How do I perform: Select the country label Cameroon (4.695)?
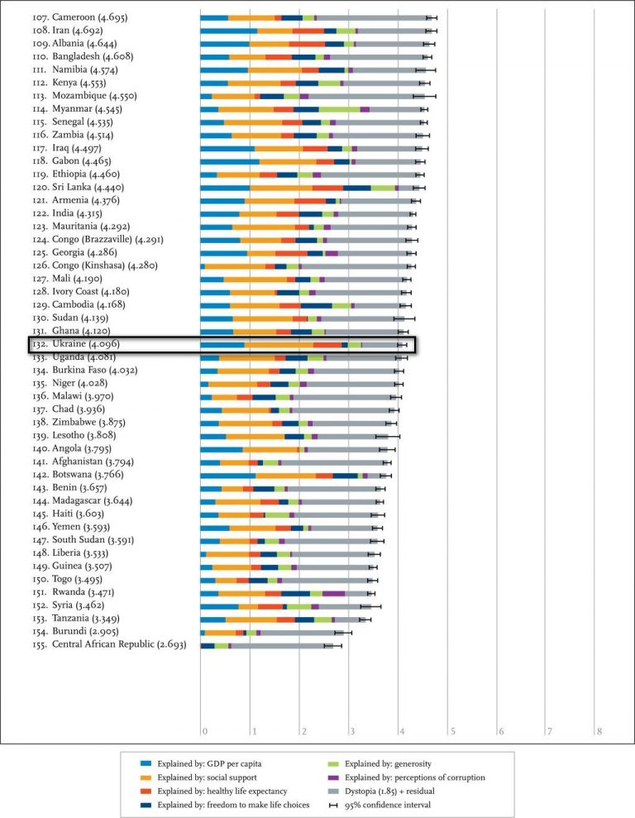click(80, 17)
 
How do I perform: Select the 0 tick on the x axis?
click(204, 731)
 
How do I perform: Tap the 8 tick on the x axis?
click(599, 731)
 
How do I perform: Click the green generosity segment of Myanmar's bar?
click(339, 109)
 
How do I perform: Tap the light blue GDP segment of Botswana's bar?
click(227, 475)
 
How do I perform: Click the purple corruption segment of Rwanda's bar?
click(333, 592)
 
